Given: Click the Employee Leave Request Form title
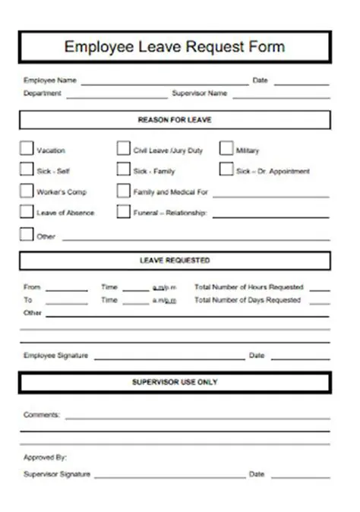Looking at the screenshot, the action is [175, 47].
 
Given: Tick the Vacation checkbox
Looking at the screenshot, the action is [27, 149].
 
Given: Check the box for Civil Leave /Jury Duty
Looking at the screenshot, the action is [123, 149].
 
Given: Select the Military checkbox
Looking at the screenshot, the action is [226, 149].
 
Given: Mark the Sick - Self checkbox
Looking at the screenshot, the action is [27, 170].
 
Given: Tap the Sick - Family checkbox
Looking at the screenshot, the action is [123, 170].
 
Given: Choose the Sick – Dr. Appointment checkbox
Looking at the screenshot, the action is [226, 170].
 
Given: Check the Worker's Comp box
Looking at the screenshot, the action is [27, 191].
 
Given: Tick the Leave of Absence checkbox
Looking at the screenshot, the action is [27, 212].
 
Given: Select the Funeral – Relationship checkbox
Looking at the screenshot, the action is [123, 212].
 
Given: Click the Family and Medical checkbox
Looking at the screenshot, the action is [123, 191].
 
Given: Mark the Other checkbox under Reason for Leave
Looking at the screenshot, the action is [27, 235].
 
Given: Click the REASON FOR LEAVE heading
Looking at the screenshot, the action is [175, 120].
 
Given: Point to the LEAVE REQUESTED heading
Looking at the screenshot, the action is [175, 261].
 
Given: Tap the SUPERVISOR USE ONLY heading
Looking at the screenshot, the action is [175, 382].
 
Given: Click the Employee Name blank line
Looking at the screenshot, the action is [164, 82].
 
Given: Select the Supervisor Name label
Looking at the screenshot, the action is [200, 94].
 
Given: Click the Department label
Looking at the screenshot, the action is [43, 94].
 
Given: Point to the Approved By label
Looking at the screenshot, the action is [46, 457].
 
